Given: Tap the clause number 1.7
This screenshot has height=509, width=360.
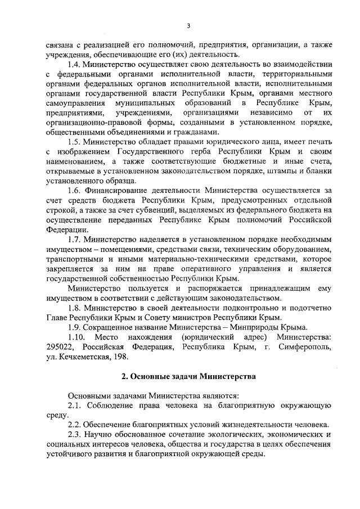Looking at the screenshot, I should [74, 239].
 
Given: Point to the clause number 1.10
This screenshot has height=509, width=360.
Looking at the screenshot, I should [76, 336].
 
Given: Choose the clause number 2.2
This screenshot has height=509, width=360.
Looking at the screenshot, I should [75, 424].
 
